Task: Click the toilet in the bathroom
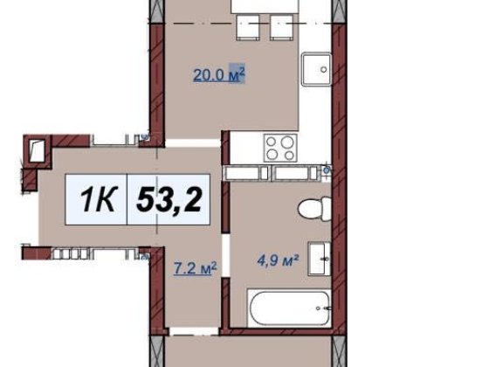tap(310, 210)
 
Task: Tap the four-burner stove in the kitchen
tap(281, 146)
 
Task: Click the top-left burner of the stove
tap(272, 140)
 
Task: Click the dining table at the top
tap(262, 7)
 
